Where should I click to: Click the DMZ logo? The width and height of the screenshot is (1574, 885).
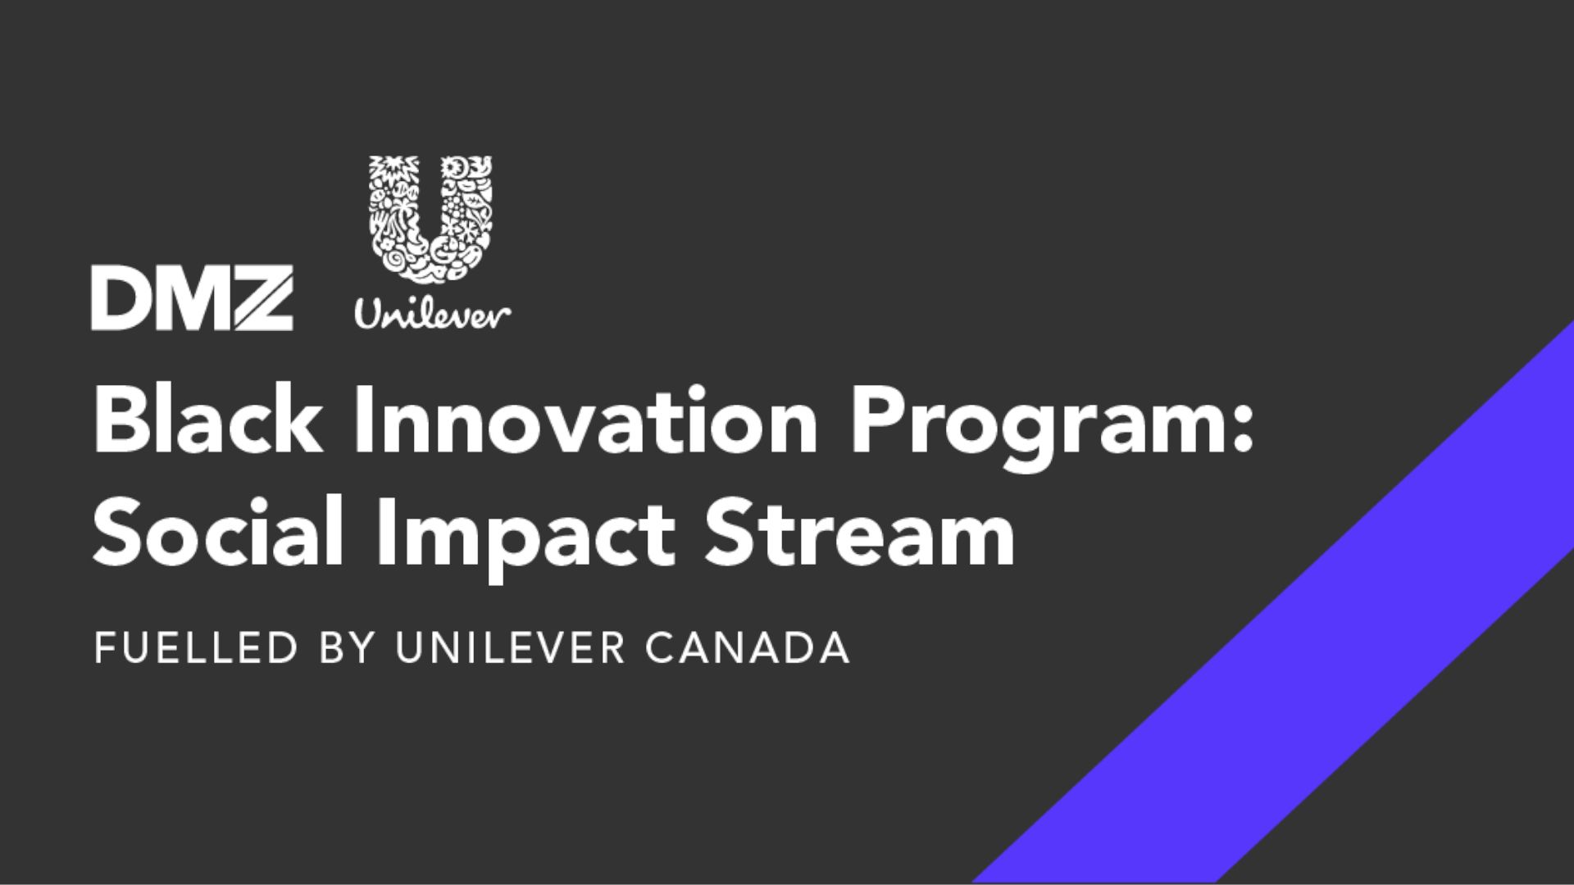[192, 298]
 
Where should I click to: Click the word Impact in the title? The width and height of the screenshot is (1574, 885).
[525, 538]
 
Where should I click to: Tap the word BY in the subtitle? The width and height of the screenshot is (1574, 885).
[347, 648]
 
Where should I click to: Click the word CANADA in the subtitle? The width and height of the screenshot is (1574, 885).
[748, 648]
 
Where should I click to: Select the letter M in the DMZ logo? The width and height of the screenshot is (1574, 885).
[190, 298]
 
